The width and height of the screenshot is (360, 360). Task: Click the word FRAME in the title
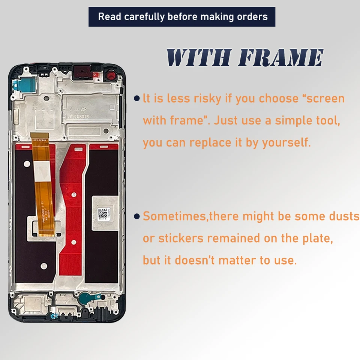pyautogui.click(x=280, y=58)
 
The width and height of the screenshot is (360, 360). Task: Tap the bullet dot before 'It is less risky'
pyautogui.click(x=137, y=99)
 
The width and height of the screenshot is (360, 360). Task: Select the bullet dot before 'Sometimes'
pyautogui.click(x=137, y=216)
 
